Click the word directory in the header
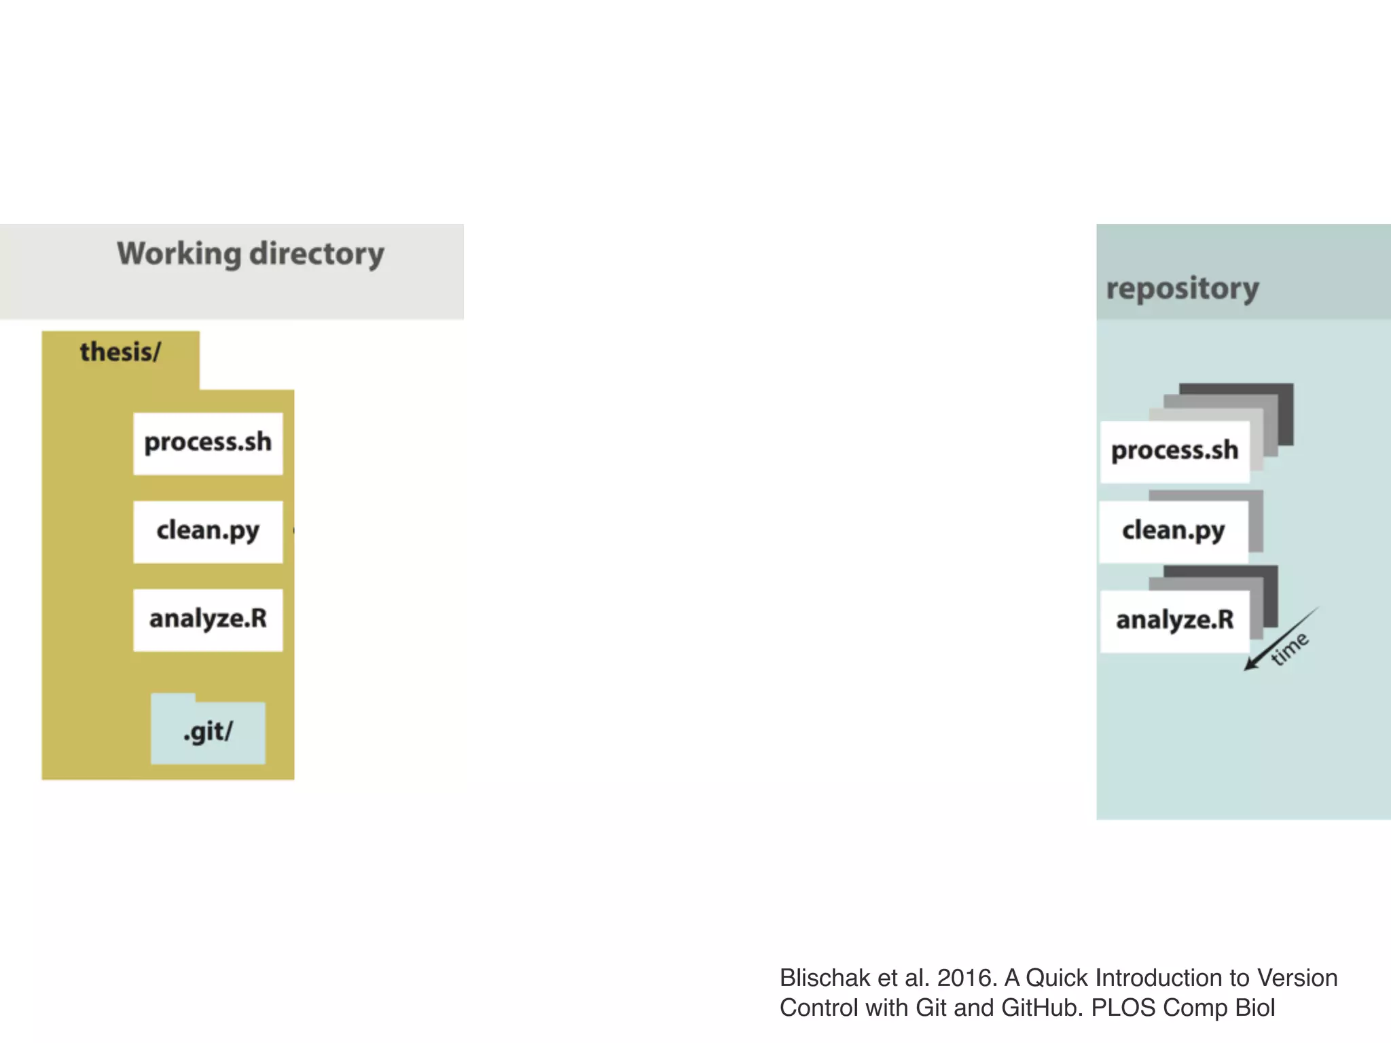[317, 254]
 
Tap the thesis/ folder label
[120, 352]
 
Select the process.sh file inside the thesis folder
[208, 443]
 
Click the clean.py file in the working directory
[208, 531]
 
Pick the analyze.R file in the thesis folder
[208, 619]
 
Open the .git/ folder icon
[208, 732]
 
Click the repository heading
[1182, 289]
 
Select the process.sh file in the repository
[1174, 451]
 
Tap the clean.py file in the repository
[1173, 531]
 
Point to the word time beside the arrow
[1290, 648]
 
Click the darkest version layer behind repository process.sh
[1284, 407]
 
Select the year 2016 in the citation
[964, 978]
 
